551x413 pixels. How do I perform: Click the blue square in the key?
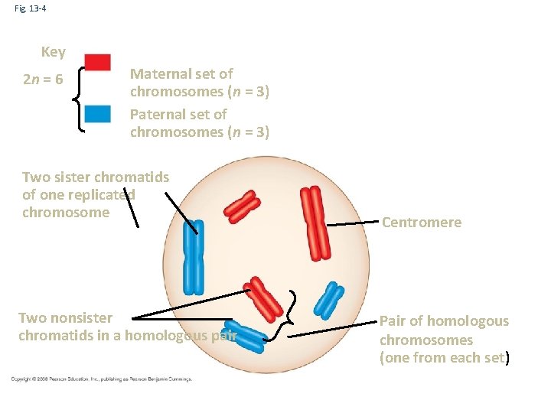pyautogui.click(x=97, y=114)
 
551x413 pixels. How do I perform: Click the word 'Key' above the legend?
pyautogui.click(x=53, y=52)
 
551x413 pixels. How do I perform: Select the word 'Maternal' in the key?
pyautogui.click(x=159, y=74)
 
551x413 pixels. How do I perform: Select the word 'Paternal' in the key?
pyautogui.click(x=158, y=114)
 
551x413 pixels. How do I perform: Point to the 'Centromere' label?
pyautogui.click(x=421, y=223)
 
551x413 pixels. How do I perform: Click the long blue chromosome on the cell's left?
pyautogui.click(x=194, y=260)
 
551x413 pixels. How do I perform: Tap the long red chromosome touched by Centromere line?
pyautogui.click(x=315, y=223)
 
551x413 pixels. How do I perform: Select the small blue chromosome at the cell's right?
pyautogui.click(x=330, y=300)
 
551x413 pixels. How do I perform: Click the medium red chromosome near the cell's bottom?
pyautogui.click(x=263, y=298)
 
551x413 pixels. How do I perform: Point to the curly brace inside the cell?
pyautogui.click(x=292, y=314)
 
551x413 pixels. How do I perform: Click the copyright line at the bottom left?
pyautogui.click(x=101, y=379)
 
